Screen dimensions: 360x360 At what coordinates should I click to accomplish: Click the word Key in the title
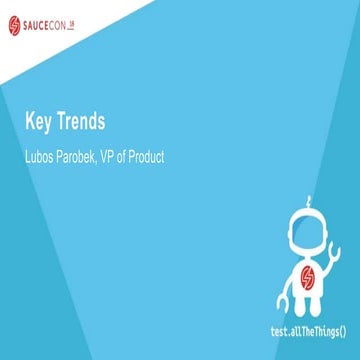click(40, 123)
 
